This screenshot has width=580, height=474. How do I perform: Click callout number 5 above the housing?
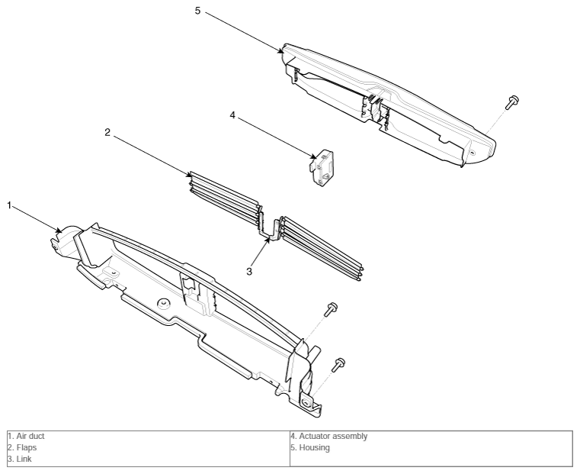tap(197, 11)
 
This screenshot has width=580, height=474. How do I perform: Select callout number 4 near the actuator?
tap(232, 115)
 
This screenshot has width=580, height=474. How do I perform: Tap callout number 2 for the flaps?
tap(107, 132)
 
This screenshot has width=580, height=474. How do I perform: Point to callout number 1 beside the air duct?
tap(10, 205)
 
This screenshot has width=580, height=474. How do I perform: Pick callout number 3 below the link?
tap(249, 272)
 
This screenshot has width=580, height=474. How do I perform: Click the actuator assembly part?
tap(321, 168)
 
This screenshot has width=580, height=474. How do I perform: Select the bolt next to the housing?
tap(512, 102)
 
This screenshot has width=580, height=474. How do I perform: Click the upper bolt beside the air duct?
tap(331, 309)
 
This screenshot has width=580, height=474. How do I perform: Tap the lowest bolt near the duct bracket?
tap(338, 364)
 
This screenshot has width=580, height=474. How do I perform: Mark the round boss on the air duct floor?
tap(163, 303)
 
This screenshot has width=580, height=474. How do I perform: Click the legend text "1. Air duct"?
tap(26, 437)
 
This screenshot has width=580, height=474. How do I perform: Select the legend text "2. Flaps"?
tap(23, 448)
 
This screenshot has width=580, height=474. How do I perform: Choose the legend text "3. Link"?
tap(20, 459)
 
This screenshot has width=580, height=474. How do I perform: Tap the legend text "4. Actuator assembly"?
tap(328, 437)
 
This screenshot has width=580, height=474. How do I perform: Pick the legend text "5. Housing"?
tap(310, 448)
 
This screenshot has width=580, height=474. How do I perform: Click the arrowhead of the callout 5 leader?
tap(282, 51)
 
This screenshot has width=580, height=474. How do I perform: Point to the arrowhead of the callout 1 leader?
tap(59, 231)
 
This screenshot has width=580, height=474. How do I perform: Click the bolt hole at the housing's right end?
tap(472, 152)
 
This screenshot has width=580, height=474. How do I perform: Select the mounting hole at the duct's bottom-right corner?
tap(306, 403)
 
